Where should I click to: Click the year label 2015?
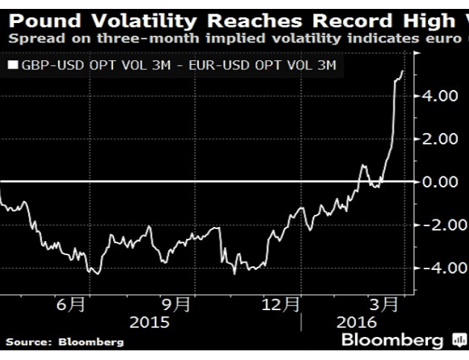tap(149, 324)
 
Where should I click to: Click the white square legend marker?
tap(13, 66)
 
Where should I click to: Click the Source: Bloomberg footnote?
tap(66, 342)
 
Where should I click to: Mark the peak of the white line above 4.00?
tap(403, 71)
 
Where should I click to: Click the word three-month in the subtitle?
tap(123, 36)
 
